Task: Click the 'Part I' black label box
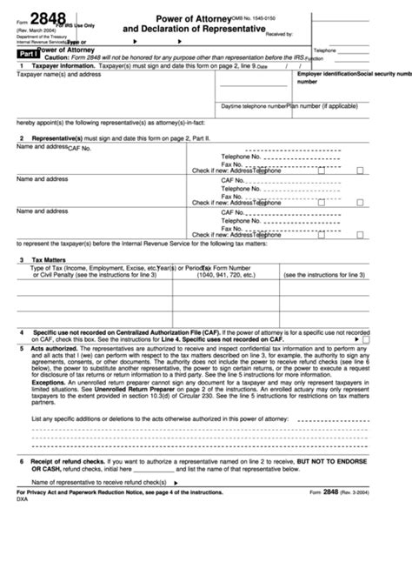pyautogui.click(x=30, y=52)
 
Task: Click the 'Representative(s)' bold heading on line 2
pyautogui.click(x=56, y=138)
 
